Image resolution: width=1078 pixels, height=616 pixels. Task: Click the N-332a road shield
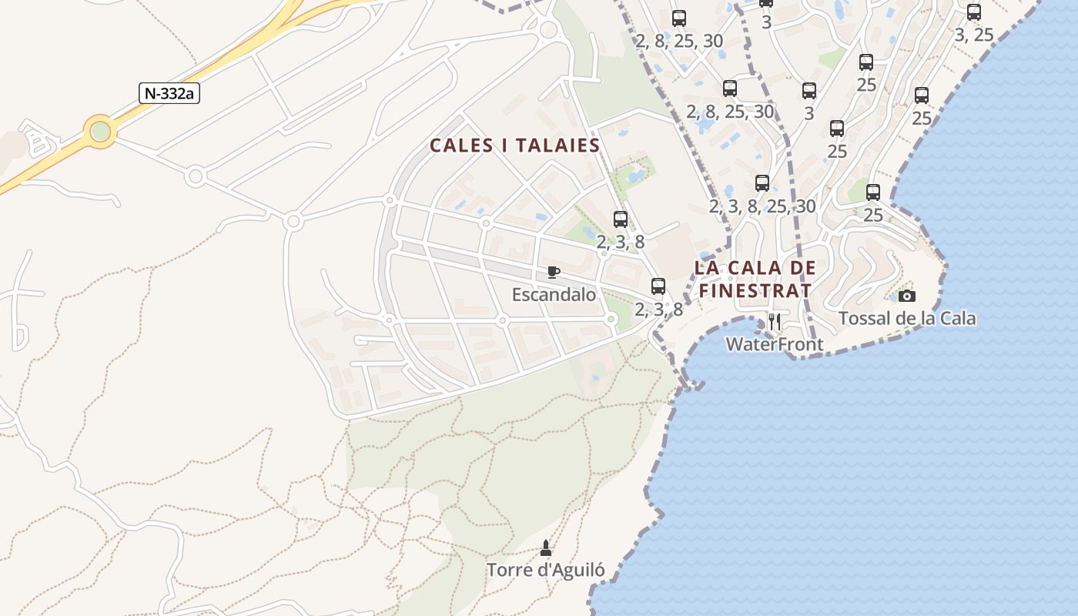[169, 93]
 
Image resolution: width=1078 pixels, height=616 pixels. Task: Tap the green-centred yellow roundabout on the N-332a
[100, 132]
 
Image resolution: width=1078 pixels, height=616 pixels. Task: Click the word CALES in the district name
[461, 146]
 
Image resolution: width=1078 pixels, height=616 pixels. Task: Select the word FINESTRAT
[755, 291]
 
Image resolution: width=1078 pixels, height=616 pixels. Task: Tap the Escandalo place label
[554, 294]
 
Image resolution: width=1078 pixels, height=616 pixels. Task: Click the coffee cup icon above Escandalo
[553, 272]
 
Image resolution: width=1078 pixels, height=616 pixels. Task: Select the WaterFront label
[775, 344]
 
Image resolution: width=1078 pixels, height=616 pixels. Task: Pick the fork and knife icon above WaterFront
[775, 322]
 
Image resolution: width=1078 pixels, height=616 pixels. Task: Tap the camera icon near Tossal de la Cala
[907, 296]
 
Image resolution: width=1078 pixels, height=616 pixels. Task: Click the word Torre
[509, 571]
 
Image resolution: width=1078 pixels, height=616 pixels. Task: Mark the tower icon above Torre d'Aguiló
[546, 548]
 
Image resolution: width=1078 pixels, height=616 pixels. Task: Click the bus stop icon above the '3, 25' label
[974, 12]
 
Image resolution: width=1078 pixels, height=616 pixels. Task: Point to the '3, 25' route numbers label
[974, 35]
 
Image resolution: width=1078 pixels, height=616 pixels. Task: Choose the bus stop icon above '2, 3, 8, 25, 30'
[762, 183]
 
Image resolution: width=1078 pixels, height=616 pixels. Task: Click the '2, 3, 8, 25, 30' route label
[762, 206]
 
